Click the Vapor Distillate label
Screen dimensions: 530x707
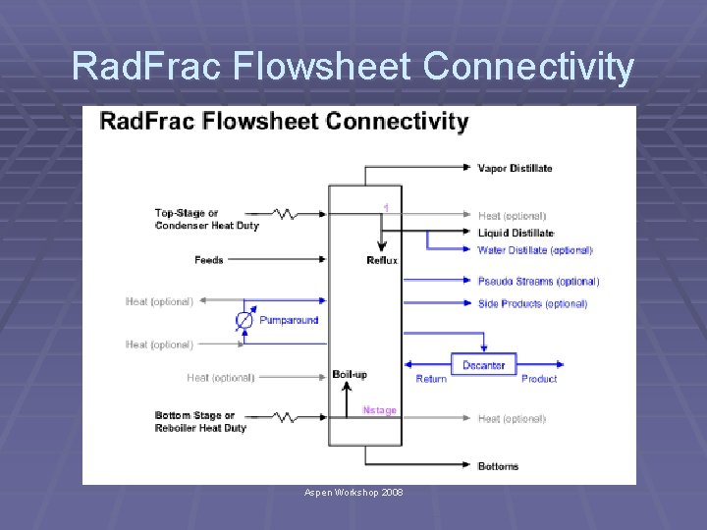515,168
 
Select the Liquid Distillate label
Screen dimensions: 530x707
516,234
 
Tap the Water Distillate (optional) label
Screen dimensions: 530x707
535,250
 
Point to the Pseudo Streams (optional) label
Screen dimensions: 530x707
538,282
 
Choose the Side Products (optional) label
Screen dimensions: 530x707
532,304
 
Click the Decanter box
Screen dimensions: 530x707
483,364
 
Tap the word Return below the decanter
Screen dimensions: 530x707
431,379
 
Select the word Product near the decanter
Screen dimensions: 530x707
539,379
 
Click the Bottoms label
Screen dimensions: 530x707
498,466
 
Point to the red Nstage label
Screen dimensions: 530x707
379,410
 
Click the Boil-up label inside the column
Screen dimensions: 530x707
349,374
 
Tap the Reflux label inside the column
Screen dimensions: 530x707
382,260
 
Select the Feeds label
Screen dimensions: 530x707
209,260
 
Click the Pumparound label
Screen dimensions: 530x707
289,320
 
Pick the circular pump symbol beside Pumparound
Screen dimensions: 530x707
245,321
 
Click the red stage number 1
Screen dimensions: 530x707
386,208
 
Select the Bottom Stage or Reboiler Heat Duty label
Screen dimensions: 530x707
200,422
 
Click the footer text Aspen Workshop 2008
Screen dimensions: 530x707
353,492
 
